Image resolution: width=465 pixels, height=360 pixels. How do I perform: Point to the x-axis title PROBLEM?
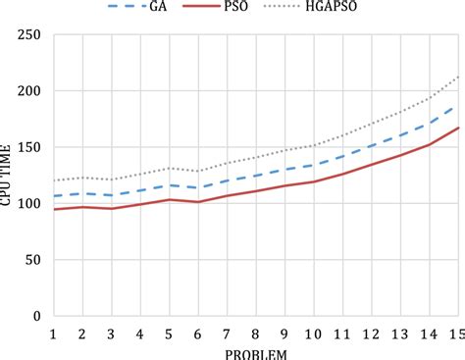point(257,352)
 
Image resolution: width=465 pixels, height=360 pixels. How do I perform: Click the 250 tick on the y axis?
point(31,35)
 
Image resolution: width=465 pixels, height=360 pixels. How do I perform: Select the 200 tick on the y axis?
point(31,91)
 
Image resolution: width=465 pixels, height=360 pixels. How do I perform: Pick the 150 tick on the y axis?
point(31,147)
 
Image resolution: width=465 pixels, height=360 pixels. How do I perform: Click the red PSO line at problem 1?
point(53,209)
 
